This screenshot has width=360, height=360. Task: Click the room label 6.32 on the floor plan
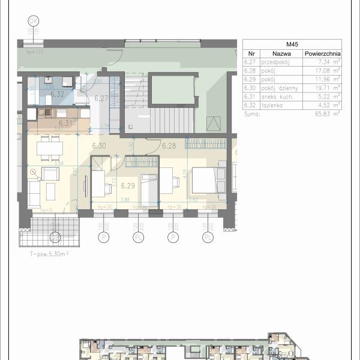(58, 94)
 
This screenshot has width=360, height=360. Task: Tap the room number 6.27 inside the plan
(101, 99)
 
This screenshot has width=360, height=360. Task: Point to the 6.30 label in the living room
(99, 146)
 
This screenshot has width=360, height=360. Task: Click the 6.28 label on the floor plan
(169, 145)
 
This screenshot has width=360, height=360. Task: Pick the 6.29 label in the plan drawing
(127, 185)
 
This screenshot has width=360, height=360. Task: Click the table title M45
(293, 44)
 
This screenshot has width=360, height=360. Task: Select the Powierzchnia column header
(322, 53)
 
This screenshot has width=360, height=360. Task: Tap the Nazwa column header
(280, 53)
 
